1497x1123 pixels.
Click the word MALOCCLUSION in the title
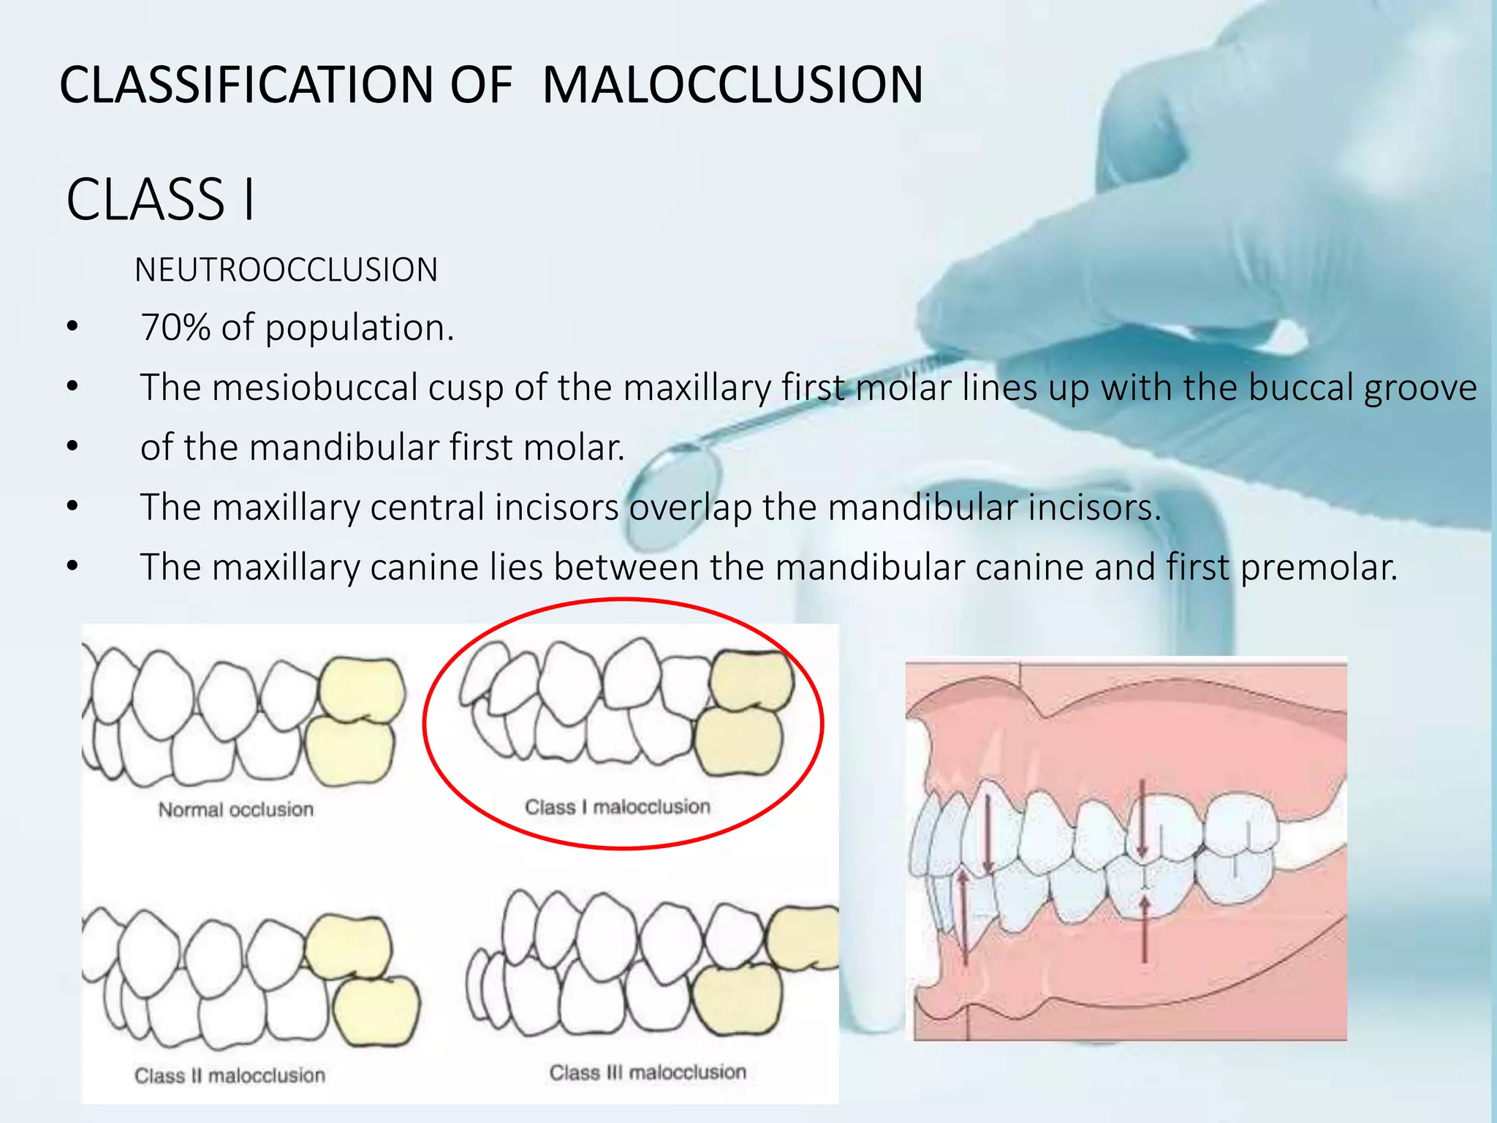point(732,84)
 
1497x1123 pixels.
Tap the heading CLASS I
point(161,199)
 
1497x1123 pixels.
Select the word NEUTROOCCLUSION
point(286,270)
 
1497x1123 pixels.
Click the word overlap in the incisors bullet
point(690,507)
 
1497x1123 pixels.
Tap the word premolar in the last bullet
point(1319,567)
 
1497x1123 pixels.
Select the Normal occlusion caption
point(235,809)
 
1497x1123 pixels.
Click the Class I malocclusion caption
point(618,807)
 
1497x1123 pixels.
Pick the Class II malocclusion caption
point(230,1075)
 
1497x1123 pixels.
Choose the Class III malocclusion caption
point(648,1073)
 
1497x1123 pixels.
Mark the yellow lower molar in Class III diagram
point(737,999)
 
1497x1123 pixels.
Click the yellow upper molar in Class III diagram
point(804,937)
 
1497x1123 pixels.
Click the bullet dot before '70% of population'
point(72,327)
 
